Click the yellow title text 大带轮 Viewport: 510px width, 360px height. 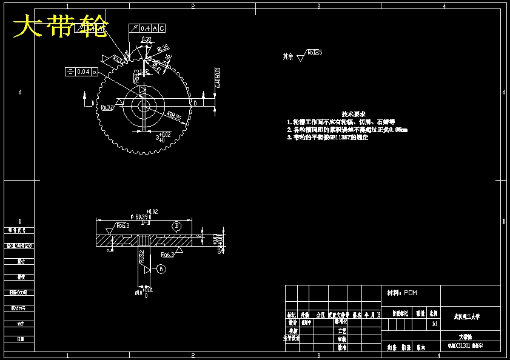coord(61,27)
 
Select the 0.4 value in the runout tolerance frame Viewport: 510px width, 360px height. coord(145,28)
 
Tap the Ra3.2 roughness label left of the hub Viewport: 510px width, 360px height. coord(108,107)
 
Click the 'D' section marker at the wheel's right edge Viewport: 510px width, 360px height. coord(195,104)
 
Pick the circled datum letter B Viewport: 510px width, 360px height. coord(176,226)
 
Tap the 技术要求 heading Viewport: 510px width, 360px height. coord(353,114)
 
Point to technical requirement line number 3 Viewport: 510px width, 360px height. coord(327,138)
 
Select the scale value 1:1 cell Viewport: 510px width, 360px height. coord(434,324)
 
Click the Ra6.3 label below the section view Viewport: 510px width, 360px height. coord(168,256)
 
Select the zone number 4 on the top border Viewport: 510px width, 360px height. coord(445,6)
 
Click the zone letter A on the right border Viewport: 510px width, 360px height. coord(504,93)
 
